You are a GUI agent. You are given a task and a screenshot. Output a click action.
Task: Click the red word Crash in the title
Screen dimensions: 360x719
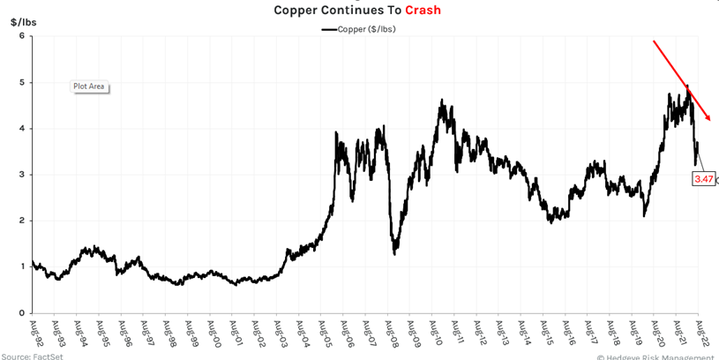423,11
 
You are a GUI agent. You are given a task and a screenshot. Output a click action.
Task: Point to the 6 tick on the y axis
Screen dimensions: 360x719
22,36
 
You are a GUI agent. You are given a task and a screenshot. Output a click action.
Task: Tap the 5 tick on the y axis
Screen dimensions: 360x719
22,82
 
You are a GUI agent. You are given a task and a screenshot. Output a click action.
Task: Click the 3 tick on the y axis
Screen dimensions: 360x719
22,175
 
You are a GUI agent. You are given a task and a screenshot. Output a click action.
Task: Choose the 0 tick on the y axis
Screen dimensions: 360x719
22,312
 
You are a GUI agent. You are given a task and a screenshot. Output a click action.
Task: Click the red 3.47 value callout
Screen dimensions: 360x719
703,179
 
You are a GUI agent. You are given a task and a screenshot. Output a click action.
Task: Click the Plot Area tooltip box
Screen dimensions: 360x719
88,86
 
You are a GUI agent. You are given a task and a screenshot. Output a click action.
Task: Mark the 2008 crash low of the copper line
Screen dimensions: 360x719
394,253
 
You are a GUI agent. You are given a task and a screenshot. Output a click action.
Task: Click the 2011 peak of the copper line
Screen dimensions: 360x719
440,101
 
